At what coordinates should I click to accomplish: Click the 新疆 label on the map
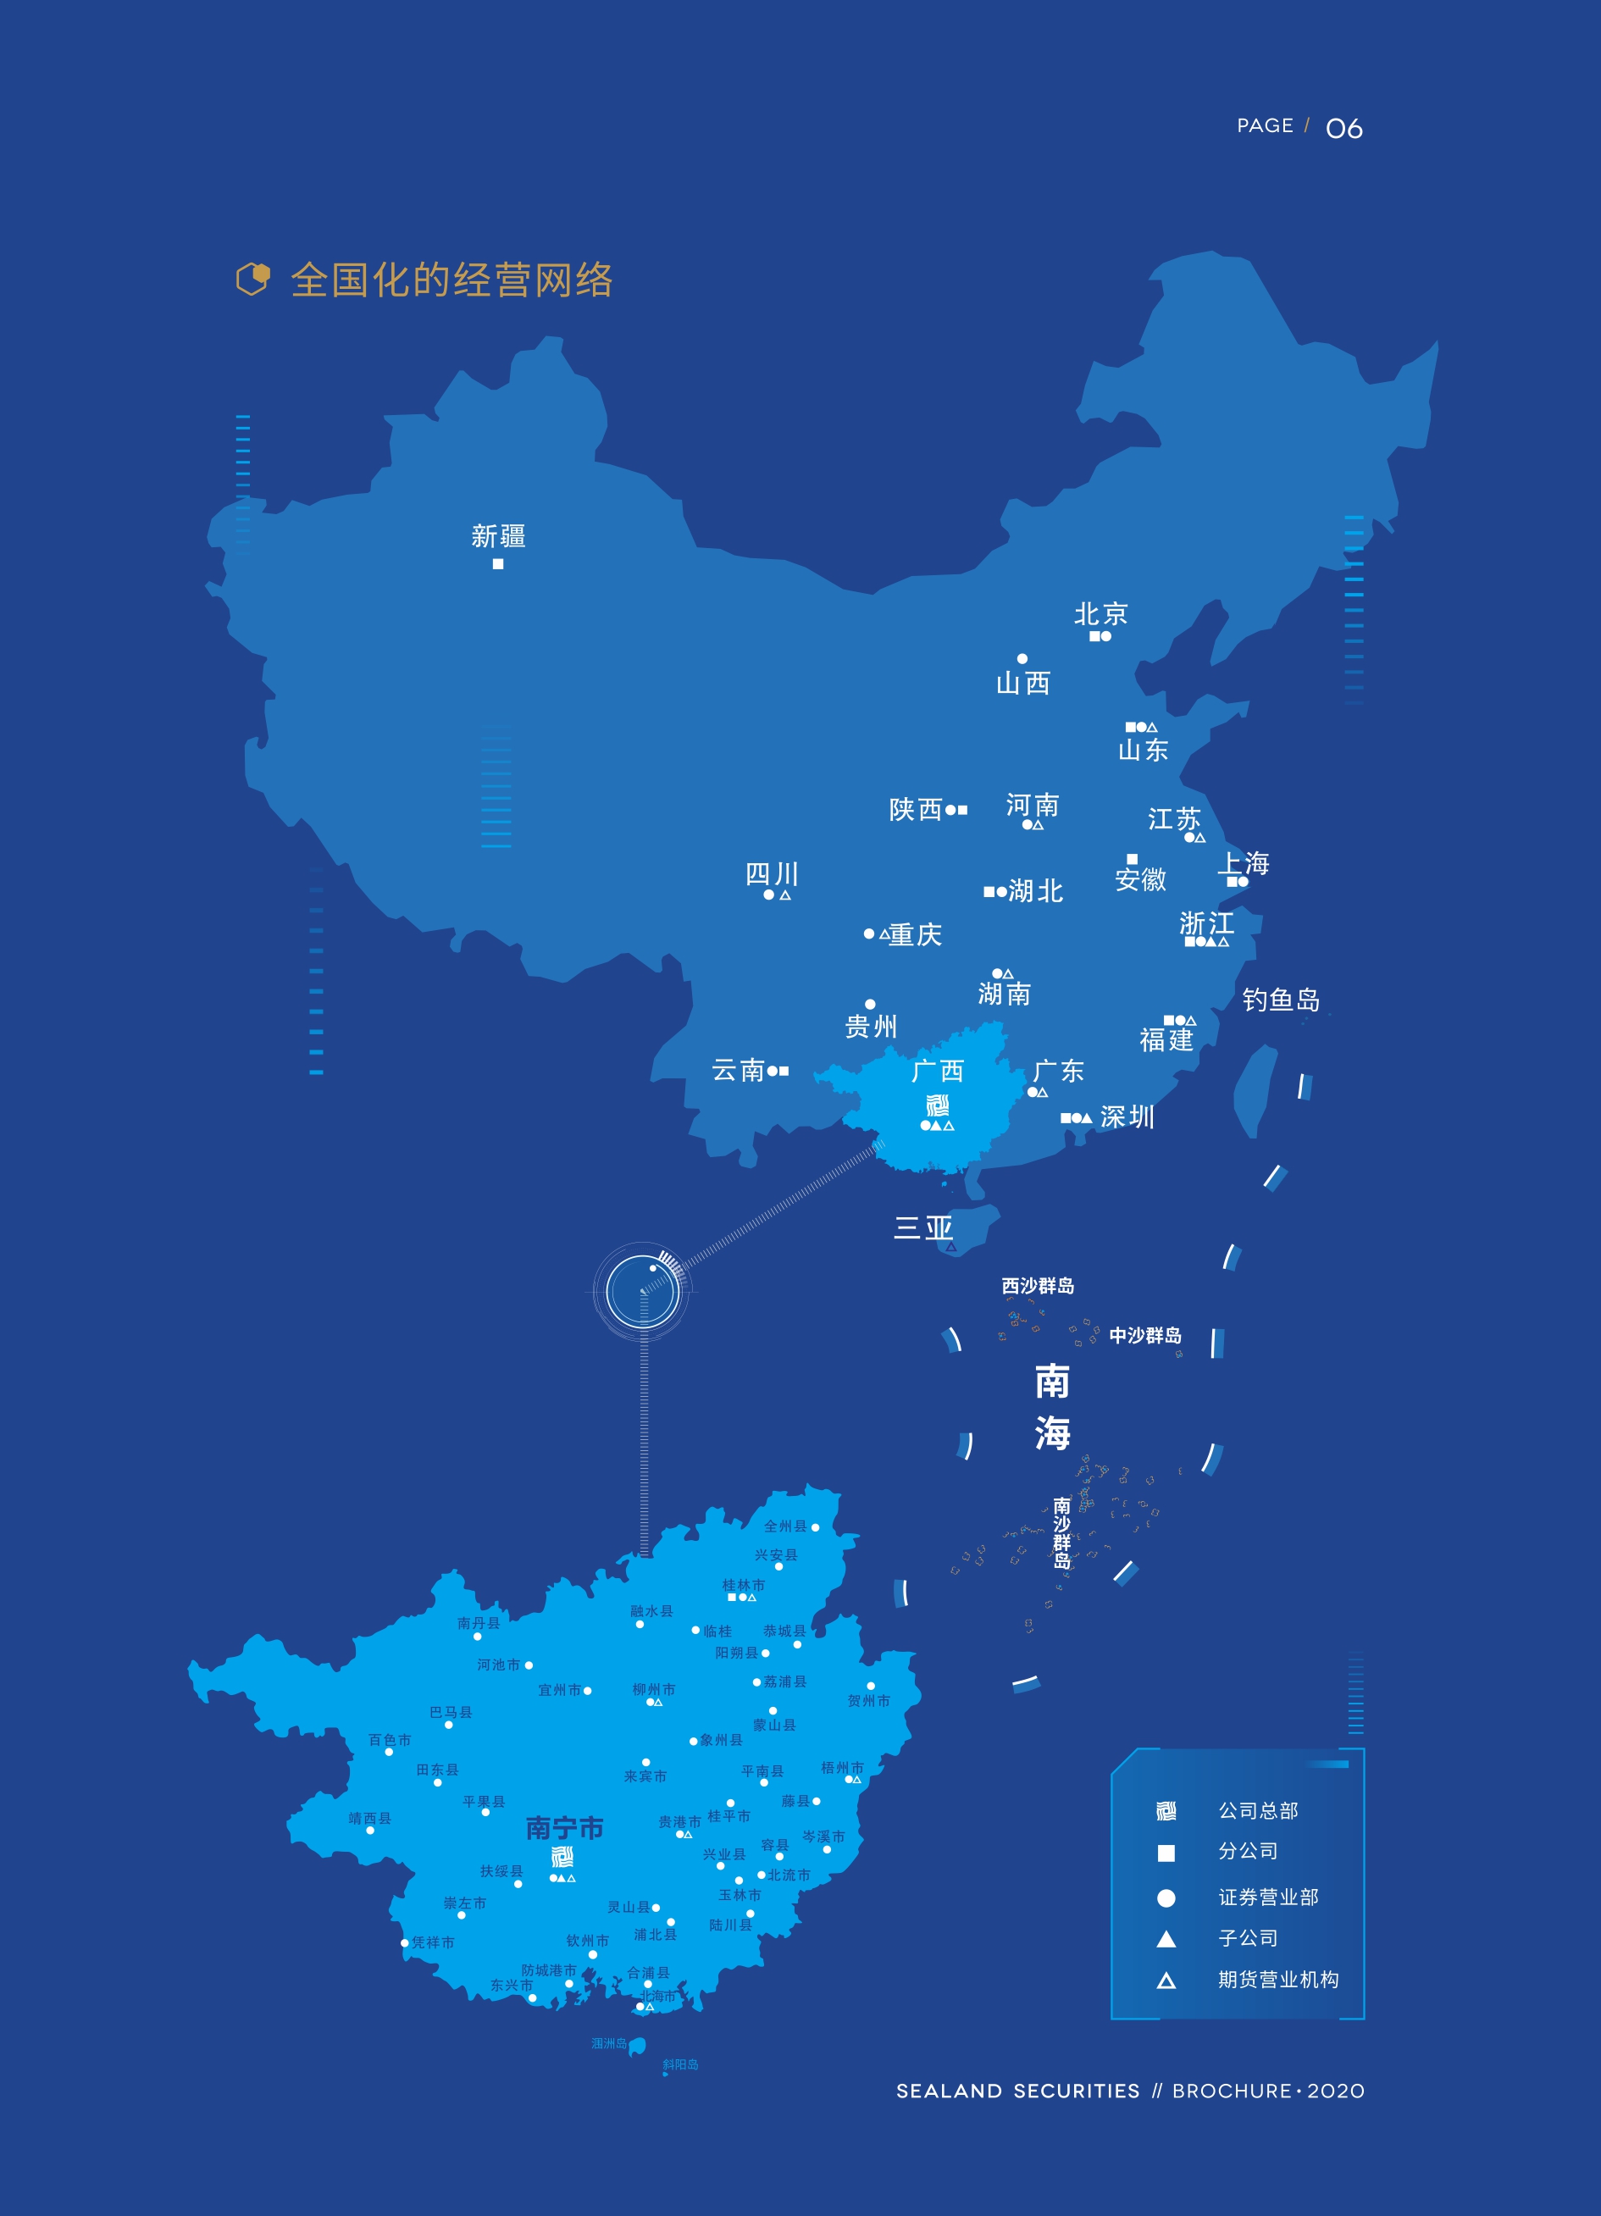[498, 535]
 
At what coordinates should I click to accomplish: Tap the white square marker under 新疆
[498, 564]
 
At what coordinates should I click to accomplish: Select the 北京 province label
[1101, 613]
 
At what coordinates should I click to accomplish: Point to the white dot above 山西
[1022, 658]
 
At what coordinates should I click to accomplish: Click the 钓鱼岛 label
[1281, 1000]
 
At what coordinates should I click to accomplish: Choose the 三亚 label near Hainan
[923, 1227]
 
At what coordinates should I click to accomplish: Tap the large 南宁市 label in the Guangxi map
[565, 1827]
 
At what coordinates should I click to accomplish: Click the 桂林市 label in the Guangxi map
[744, 1585]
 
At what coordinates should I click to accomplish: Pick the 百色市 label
[390, 1739]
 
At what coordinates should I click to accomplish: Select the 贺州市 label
[868, 1701]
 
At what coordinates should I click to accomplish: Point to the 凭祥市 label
[433, 1942]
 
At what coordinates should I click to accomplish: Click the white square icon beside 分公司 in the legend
[1166, 1853]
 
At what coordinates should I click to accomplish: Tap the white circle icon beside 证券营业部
[1166, 1897]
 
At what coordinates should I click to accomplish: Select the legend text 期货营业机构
[1277, 1980]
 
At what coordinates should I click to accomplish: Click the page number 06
[1344, 128]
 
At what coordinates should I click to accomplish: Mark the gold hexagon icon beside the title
[253, 280]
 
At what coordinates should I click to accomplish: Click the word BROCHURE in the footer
[1232, 2091]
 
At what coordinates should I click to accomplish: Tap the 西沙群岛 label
[1038, 1286]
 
